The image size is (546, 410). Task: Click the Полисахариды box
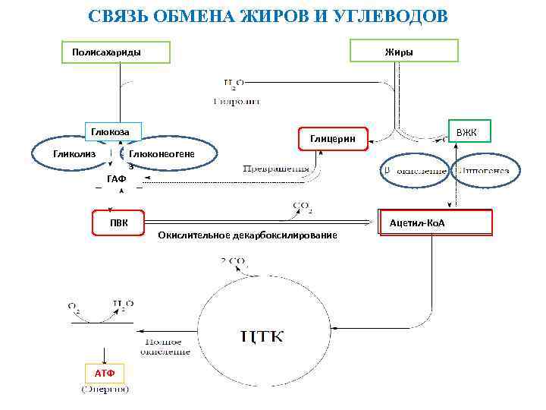click(x=116, y=52)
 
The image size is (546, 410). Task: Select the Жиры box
click(x=403, y=51)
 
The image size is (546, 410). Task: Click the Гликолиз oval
click(x=74, y=155)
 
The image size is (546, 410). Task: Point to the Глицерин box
click(x=332, y=137)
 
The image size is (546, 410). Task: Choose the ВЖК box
click(x=468, y=133)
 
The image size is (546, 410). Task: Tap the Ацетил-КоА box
click(x=435, y=222)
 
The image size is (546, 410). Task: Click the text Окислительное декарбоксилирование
click(x=247, y=236)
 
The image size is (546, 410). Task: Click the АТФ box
click(x=104, y=374)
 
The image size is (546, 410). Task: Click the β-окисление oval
click(x=413, y=170)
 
